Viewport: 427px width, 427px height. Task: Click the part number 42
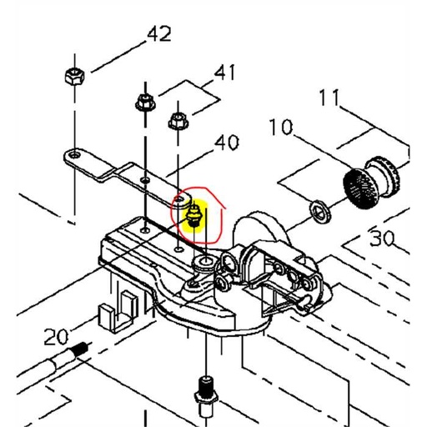(158, 35)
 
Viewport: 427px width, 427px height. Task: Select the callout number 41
(224, 73)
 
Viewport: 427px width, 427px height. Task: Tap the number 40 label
(226, 143)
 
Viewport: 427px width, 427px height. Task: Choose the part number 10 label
(281, 128)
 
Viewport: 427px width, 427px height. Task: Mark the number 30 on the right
(382, 239)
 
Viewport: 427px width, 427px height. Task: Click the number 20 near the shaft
(56, 337)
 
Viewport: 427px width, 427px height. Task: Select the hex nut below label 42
(72, 78)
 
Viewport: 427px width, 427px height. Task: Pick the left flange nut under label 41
(143, 105)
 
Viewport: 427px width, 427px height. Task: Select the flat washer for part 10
(318, 209)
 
